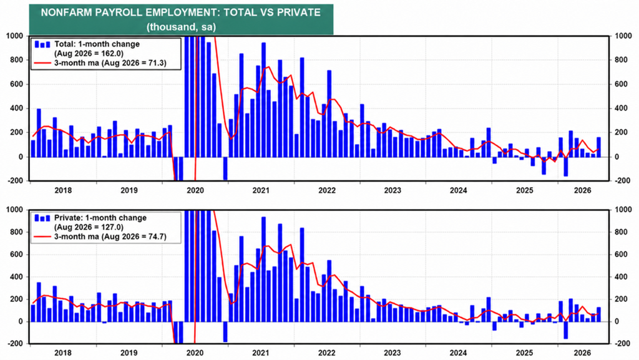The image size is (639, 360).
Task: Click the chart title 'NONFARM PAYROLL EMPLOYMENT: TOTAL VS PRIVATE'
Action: (180, 12)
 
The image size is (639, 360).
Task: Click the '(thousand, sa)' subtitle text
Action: (181, 27)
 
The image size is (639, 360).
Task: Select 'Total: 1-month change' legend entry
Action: (97, 44)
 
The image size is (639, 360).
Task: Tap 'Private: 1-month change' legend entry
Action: (100, 218)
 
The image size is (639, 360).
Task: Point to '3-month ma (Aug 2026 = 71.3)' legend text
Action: (110, 63)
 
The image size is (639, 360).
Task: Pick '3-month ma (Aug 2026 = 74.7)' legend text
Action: (110, 236)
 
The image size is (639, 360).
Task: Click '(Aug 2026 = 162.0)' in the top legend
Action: (89, 54)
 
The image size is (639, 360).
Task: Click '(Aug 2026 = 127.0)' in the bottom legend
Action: (89, 227)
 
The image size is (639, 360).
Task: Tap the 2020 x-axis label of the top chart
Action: (195, 190)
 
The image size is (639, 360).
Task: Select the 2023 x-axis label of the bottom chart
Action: (392, 353)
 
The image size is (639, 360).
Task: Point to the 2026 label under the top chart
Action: (582, 190)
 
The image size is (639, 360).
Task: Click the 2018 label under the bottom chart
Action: (63, 353)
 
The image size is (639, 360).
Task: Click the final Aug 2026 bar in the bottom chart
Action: (598, 314)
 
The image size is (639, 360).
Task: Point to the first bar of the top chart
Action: (34, 148)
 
